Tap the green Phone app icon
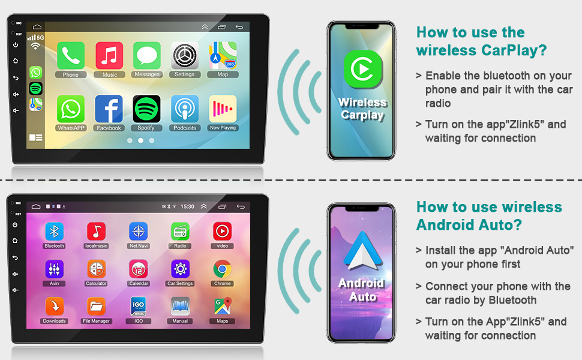point(71,55)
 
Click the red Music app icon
point(109,55)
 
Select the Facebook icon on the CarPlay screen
point(109,109)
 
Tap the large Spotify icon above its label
point(146,109)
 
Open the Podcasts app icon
point(184,109)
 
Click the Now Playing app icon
point(223,109)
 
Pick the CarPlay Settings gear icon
point(184,55)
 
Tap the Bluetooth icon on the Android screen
point(54,232)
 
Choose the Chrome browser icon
point(223,269)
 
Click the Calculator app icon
point(96,269)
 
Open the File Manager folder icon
point(96,307)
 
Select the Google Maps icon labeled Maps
point(223,307)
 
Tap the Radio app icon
point(181,232)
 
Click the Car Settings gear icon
point(181,269)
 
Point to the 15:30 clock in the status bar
point(187,207)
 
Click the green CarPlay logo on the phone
point(362,68)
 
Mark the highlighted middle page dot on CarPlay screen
point(140,140)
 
